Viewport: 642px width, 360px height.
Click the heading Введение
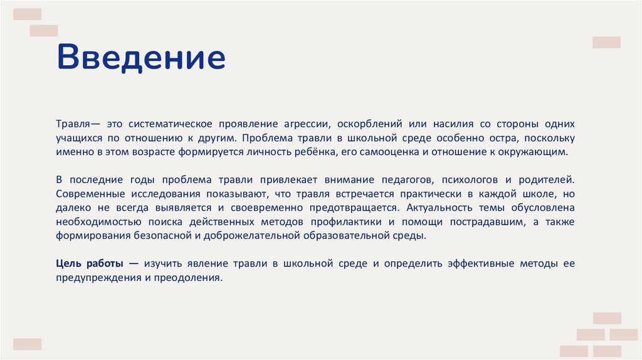[x=141, y=57]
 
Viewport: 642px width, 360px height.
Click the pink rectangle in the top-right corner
[x=606, y=43]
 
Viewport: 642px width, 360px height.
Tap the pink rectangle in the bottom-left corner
[x=27, y=344]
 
